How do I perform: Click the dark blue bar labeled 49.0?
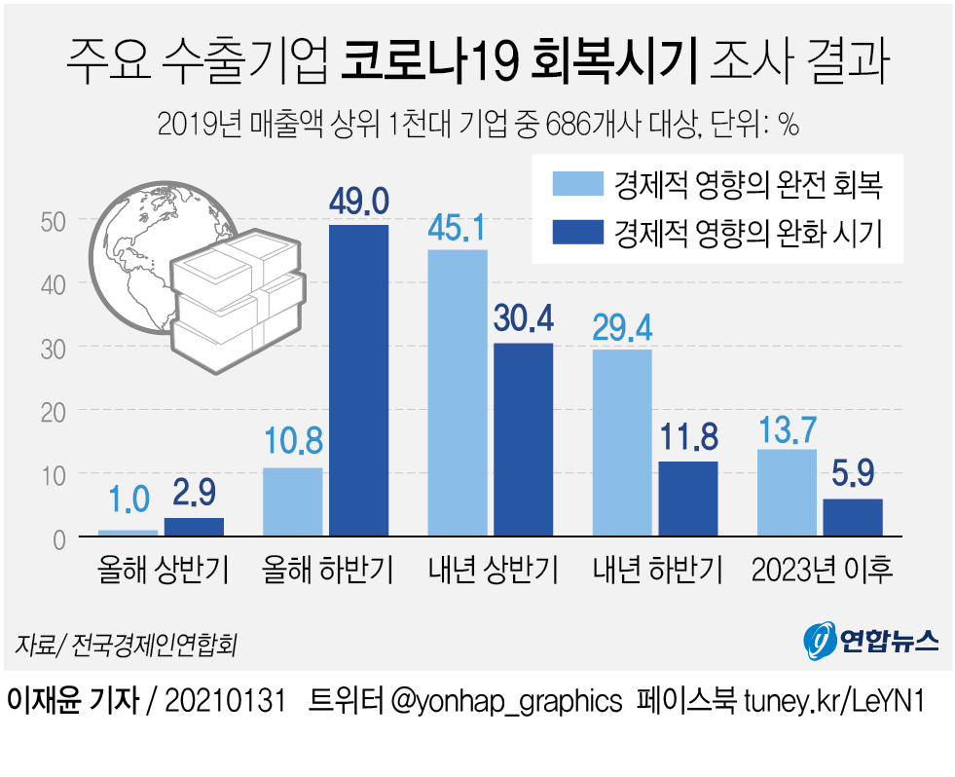359,380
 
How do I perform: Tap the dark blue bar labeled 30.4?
524,439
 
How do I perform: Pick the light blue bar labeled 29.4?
622,442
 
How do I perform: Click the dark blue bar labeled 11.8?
688,498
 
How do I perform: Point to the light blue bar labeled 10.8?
293,501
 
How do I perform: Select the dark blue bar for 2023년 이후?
853,517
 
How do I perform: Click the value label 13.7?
787,426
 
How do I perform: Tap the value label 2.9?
194,496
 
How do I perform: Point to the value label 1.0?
128,499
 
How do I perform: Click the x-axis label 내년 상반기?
493,570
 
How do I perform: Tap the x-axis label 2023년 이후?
823,570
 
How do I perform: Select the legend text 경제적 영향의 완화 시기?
749,234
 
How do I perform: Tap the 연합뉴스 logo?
871,639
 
